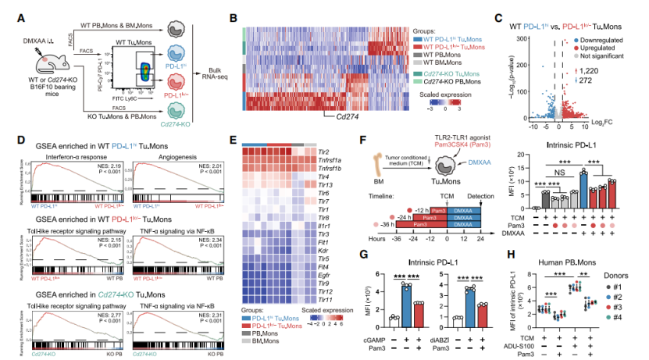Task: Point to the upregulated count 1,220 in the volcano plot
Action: click(x=622, y=71)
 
